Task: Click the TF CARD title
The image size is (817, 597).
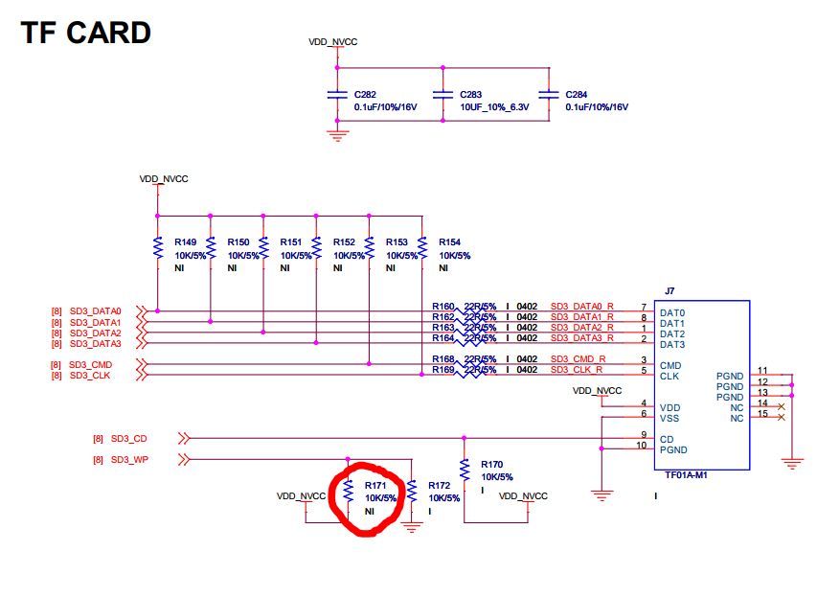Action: [x=86, y=34]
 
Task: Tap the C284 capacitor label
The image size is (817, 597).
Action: [x=578, y=95]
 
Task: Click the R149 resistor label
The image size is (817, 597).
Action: [x=186, y=242]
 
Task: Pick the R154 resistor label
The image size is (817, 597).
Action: [x=450, y=242]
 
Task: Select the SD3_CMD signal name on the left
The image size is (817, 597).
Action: [x=91, y=364]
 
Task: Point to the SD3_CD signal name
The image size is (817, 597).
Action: [x=127, y=439]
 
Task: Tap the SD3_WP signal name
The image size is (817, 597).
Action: [x=128, y=460]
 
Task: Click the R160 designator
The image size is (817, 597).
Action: [x=443, y=307]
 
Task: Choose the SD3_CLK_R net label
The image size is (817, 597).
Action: [x=577, y=370]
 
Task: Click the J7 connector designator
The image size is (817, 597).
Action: [x=669, y=291]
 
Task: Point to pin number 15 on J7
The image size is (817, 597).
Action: [x=762, y=414]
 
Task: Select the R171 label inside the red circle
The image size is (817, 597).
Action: [x=375, y=486]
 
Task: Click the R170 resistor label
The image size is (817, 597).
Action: [x=492, y=464]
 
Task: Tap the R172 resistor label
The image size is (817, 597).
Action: [x=440, y=486]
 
